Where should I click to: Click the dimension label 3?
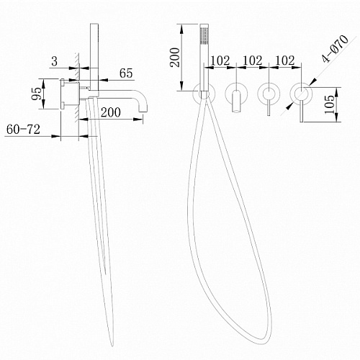coord(55,61)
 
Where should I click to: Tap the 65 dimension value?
coord(126,73)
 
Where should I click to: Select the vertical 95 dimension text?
coord(37,94)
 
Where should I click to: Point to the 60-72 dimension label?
coord(23,130)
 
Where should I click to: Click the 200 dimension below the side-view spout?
coord(111,112)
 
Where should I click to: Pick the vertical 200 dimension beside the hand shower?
coord(175,58)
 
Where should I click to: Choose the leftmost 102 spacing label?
coord(220,60)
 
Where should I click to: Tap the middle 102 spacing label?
coord(253,60)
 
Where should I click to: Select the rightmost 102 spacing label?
coord(285,60)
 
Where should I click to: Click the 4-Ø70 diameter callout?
coord(335,49)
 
